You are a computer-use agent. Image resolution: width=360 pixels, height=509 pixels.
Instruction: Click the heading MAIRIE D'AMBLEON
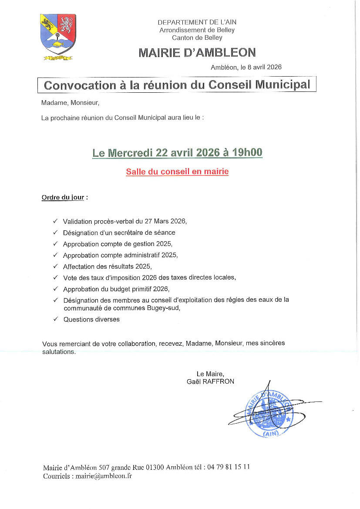coord(197,53)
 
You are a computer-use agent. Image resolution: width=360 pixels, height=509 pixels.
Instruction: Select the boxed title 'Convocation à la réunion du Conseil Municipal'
coord(177,84)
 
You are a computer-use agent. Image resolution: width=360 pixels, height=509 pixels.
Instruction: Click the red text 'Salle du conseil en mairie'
coord(177,172)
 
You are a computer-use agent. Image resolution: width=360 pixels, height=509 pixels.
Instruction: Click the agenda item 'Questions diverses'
coord(91,319)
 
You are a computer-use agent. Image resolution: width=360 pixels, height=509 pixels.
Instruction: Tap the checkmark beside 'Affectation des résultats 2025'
coord(55,266)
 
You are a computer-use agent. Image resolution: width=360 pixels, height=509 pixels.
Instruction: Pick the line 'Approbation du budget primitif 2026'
coord(116,289)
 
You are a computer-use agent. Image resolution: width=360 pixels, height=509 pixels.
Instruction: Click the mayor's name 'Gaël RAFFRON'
coord(210,381)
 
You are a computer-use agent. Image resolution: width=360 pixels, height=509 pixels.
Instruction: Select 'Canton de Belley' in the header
coord(197,38)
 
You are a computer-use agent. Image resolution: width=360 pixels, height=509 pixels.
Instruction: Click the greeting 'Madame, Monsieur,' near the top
coord(70,103)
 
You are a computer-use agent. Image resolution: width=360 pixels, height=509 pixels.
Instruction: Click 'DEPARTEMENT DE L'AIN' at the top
coord(197,22)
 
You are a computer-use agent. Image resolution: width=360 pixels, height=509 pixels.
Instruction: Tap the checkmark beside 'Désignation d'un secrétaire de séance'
coord(55,233)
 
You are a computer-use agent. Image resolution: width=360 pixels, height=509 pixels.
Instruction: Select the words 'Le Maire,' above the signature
coord(210,374)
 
